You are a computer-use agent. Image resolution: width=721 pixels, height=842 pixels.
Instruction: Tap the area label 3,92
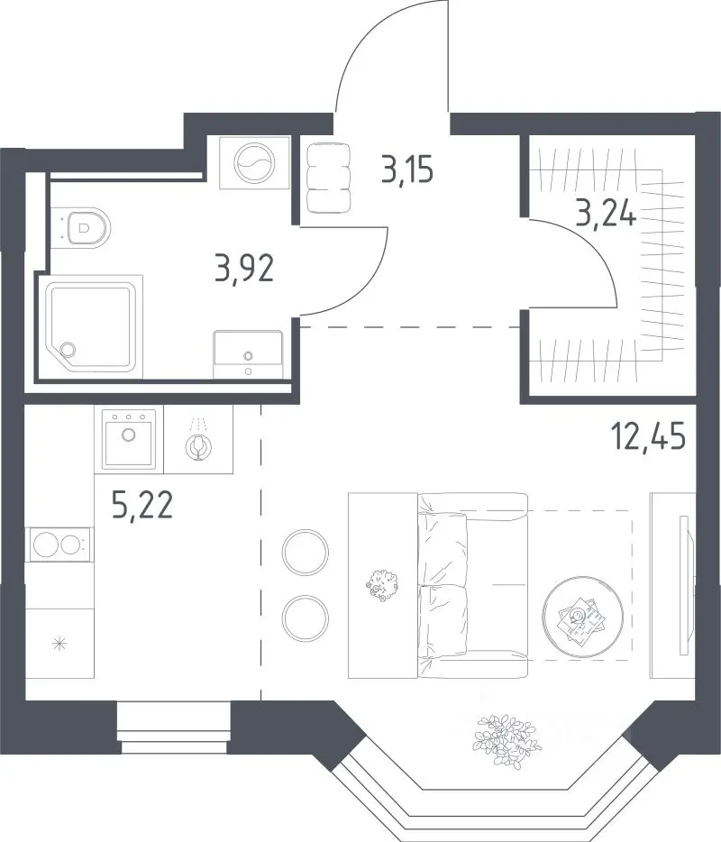coord(244,269)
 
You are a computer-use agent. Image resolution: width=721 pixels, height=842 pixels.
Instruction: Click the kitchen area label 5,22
coord(142,506)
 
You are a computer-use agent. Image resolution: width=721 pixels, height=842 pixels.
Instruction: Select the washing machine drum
coord(254,162)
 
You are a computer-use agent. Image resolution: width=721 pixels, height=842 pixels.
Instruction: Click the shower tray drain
coord(68,350)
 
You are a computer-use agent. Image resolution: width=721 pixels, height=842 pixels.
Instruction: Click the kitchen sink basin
coord(128,439)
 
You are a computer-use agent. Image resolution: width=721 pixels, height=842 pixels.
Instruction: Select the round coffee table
coord(582,616)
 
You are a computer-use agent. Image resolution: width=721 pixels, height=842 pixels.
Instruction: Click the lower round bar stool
coord(305,617)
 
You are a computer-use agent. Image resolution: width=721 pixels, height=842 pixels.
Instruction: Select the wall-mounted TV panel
coord(684,585)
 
